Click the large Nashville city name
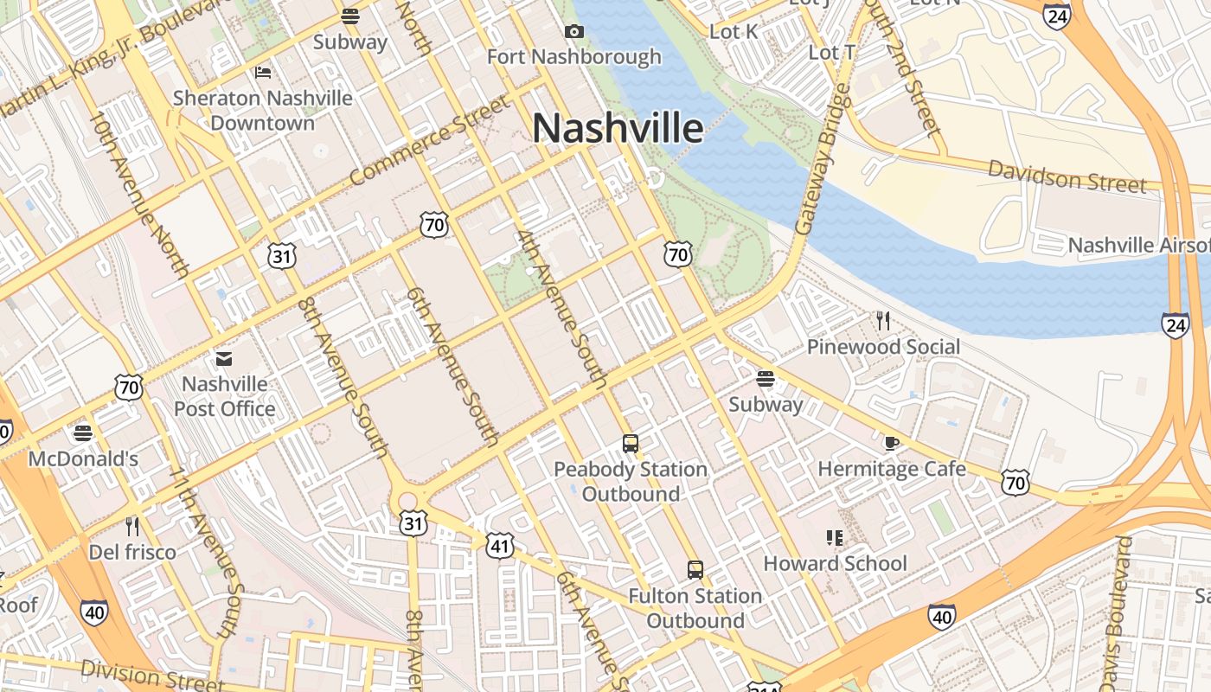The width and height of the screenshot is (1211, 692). [618, 128]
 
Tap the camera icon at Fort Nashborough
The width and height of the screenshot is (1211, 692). [573, 32]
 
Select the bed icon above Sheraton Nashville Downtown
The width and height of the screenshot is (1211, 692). [263, 72]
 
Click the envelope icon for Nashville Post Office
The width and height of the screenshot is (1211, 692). [224, 358]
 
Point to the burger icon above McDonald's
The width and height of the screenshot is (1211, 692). [83, 432]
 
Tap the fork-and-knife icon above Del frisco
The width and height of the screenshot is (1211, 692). [132, 526]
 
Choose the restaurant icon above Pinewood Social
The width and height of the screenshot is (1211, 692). [882, 321]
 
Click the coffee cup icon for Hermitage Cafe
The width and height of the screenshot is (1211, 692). [891, 444]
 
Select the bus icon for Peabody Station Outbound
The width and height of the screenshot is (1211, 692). [631, 444]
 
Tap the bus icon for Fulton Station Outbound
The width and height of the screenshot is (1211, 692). [695, 570]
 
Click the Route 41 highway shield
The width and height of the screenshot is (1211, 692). [500, 546]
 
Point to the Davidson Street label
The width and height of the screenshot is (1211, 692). [1067, 176]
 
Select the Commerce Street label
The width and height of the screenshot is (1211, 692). [430, 140]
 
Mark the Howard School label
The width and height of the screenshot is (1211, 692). [835, 564]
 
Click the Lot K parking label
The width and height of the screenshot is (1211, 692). [734, 32]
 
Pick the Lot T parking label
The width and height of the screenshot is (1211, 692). [831, 53]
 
